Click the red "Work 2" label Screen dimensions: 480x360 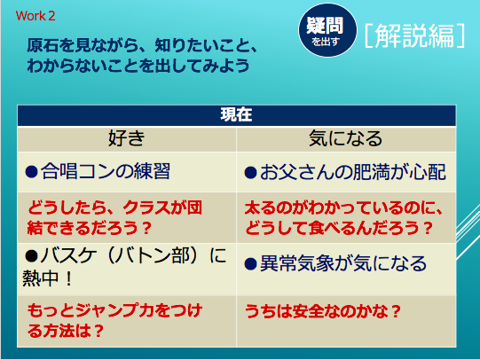coord(35,16)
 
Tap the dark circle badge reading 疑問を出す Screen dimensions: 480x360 coord(327,30)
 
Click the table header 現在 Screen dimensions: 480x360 coord(236,115)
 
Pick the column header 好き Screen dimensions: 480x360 coord(126,138)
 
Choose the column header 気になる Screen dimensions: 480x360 coord(346,138)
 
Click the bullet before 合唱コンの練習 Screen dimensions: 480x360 coord(32,172)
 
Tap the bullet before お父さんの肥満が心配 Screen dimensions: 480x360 coord(250,173)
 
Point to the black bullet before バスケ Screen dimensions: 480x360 coord(32,256)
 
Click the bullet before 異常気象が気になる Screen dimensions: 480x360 coord(250,263)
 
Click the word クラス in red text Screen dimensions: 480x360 coord(146,208)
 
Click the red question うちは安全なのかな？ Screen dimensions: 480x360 coord(323,311)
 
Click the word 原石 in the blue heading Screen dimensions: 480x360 coord(43,45)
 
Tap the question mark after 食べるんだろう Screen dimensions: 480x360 coord(426,228)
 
